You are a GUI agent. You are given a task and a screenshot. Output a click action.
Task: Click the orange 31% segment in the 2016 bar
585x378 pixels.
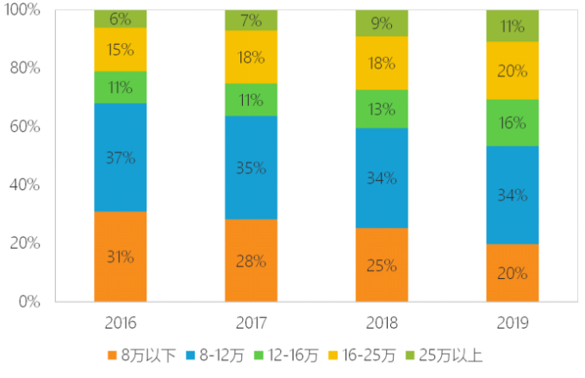pyautogui.click(x=121, y=257)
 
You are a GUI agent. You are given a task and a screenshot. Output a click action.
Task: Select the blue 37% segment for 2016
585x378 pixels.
pyautogui.click(x=121, y=158)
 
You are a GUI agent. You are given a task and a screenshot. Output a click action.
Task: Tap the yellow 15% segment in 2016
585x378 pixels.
pyautogui.click(x=121, y=50)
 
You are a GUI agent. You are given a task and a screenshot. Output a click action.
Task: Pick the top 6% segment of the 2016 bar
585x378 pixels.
pyautogui.click(x=121, y=19)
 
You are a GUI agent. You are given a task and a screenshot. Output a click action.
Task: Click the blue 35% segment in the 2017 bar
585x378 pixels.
pyautogui.click(x=251, y=168)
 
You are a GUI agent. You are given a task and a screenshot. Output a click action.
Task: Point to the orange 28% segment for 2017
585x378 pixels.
pyautogui.click(x=251, y=260)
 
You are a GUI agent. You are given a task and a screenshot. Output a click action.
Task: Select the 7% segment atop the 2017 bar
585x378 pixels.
pyautogui.click(x=251, y=21)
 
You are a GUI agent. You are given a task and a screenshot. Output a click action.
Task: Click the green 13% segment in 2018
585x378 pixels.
pyautogui.click(x=382, y=109)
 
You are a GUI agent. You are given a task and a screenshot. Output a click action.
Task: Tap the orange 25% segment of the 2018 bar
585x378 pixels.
pyautogui.click(x=382, y=264)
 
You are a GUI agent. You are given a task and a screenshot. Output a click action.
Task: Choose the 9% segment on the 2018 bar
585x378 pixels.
pyautogui.click(x=382, y=23)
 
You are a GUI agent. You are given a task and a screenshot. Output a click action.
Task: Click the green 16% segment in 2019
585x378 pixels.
pyautogui.click(x=513, y=122)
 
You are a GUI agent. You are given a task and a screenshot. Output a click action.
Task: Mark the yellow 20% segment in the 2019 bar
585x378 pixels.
pyautogui.click(x=513, y=71)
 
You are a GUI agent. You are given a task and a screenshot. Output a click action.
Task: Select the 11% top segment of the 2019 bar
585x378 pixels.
pyautogui.click(x=513, y=26)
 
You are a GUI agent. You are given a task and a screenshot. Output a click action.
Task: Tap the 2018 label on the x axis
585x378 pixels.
pyautogui.click(x=382, y=324)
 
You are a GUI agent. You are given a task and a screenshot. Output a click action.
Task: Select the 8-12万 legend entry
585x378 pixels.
pyautogui.click(x=215, y=354)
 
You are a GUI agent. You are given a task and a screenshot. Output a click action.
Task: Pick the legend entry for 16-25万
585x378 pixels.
pyautogui.click(x=362, y=354)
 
